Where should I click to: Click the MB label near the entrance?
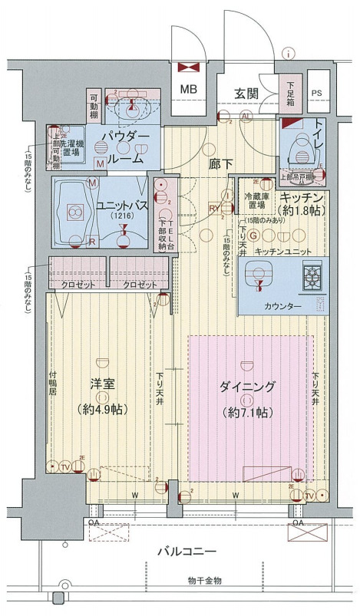(189, 89)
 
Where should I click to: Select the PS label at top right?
(318, 94)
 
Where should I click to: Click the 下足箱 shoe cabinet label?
(292, 92)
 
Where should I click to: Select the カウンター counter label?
(282, 306)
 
